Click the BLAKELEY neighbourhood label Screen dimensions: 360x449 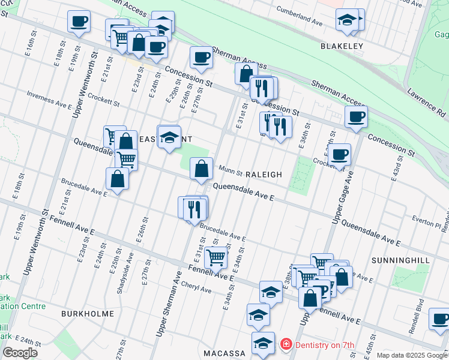tap(342, 46)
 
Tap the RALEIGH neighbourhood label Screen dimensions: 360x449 tap(263, 175)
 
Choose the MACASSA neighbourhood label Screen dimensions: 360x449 tap(224, 353)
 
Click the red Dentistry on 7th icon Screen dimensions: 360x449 tap(286, 345)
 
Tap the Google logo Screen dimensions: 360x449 tap(20, 353)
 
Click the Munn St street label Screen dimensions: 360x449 tap(230, 171)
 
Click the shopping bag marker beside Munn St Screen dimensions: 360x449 tap(201, 169)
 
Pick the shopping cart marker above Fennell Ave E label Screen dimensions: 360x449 tap(215, 258)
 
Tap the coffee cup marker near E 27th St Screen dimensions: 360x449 tap(201, 58)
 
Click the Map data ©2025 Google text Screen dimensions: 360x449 tap(412, 355)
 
